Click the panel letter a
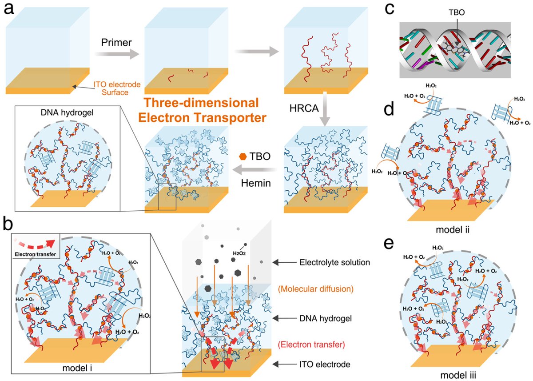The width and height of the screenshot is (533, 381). click(12, 11)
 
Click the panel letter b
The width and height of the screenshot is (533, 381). click(12, 223)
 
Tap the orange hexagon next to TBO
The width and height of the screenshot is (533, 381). click(242, 157)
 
